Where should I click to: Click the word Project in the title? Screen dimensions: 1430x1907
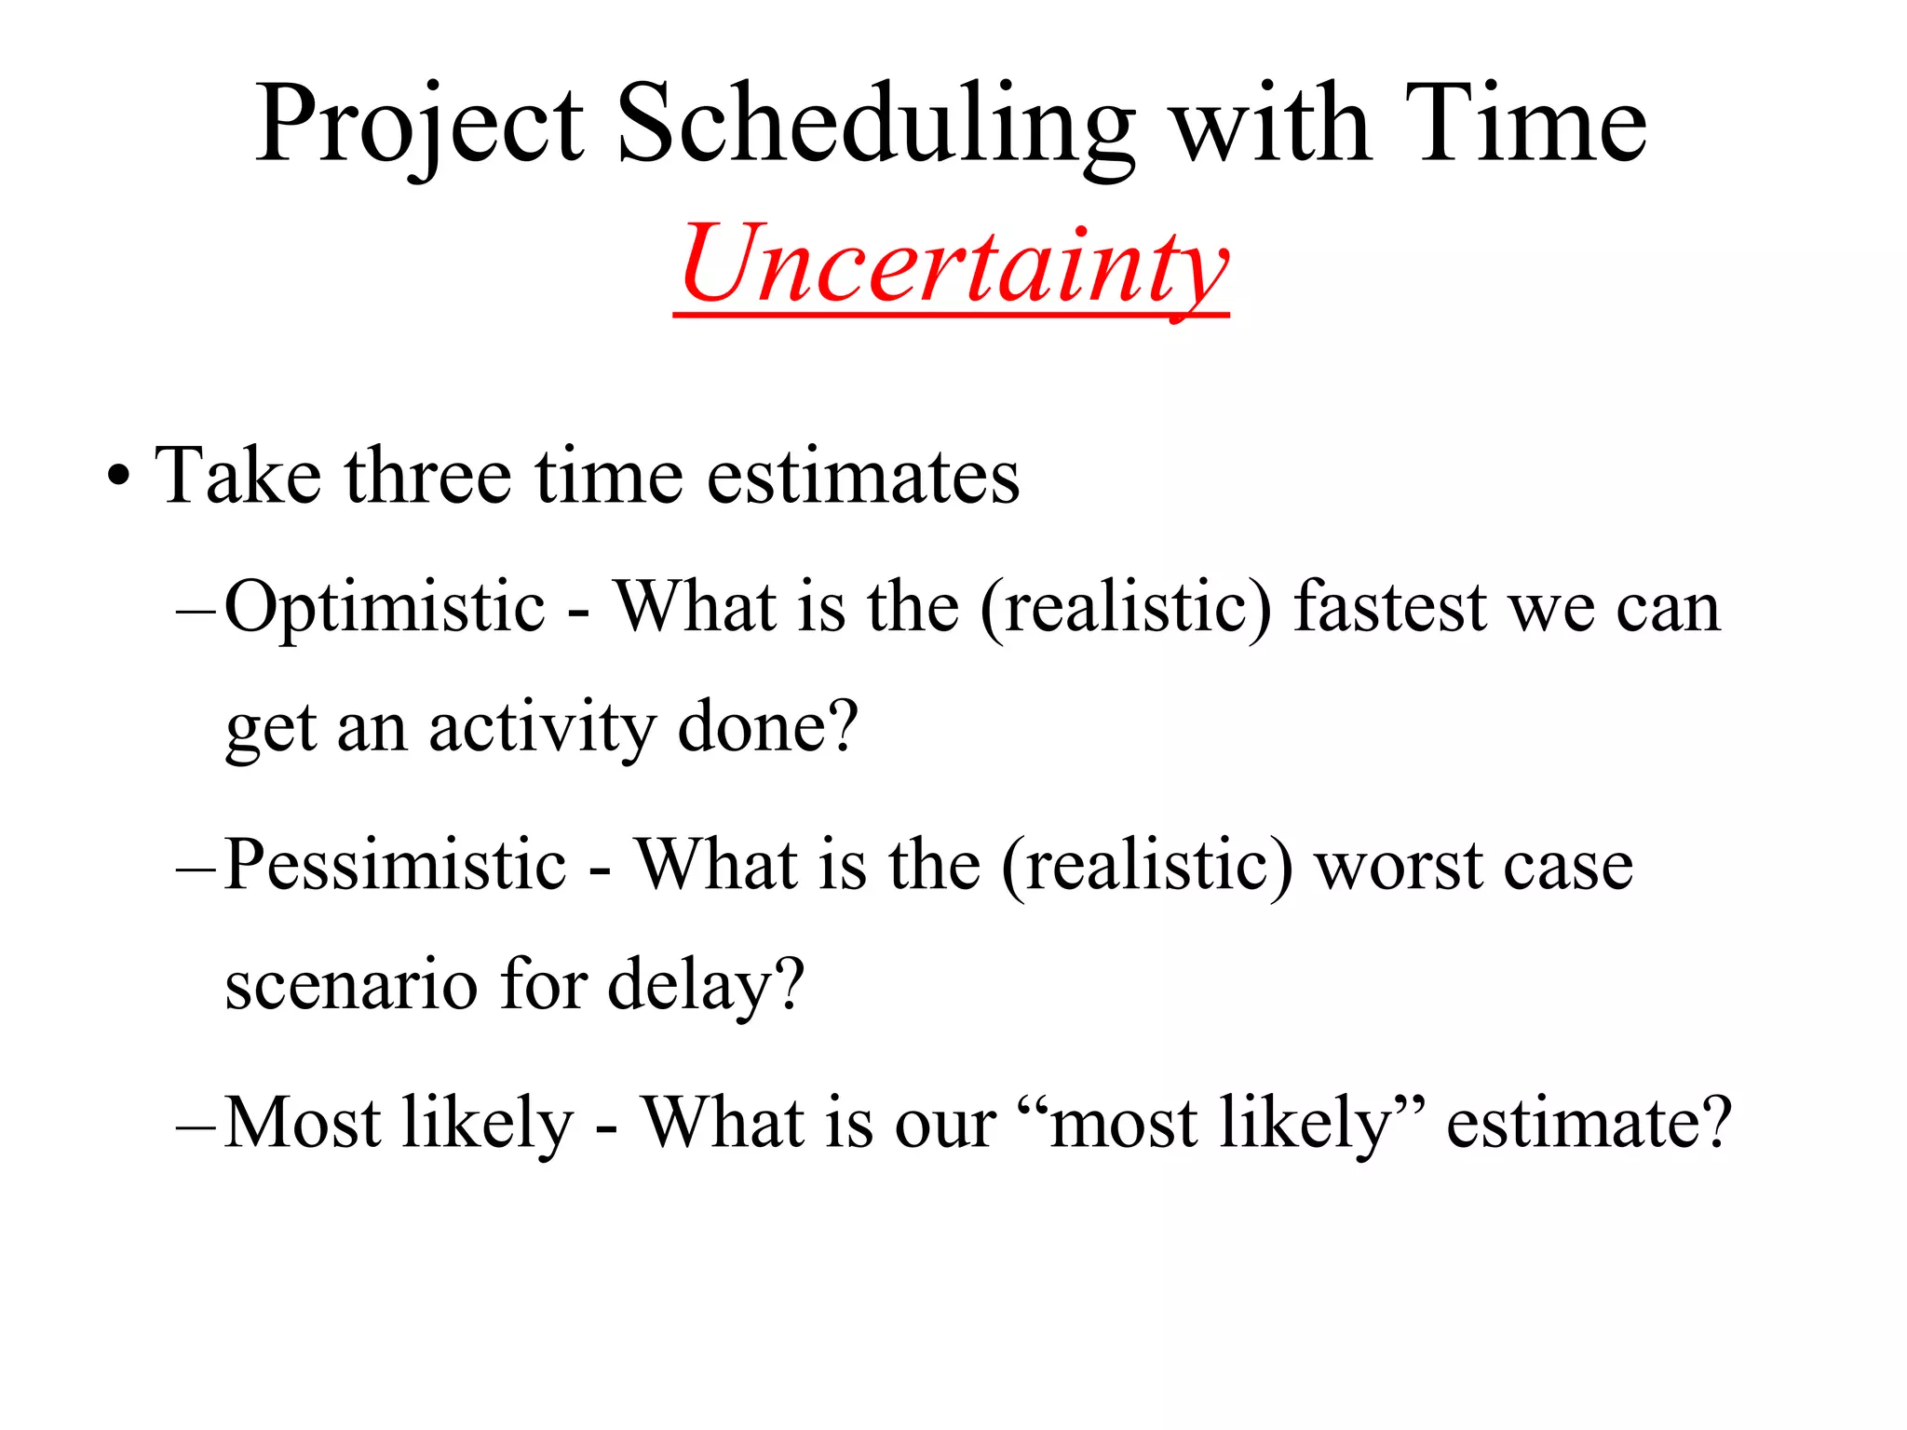pos(419,126)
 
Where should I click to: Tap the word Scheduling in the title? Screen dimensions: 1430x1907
pos(875,126)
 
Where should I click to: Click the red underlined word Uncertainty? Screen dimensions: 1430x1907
pos(953,265)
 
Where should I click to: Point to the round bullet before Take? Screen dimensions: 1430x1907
pos(117,480)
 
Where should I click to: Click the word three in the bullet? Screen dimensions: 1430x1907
pos(427,477)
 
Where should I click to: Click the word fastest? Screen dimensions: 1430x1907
pos(1391,608)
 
